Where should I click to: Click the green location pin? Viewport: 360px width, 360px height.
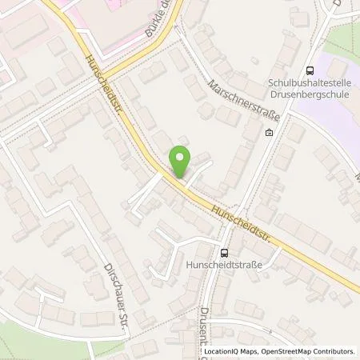[x=182, y=159]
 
